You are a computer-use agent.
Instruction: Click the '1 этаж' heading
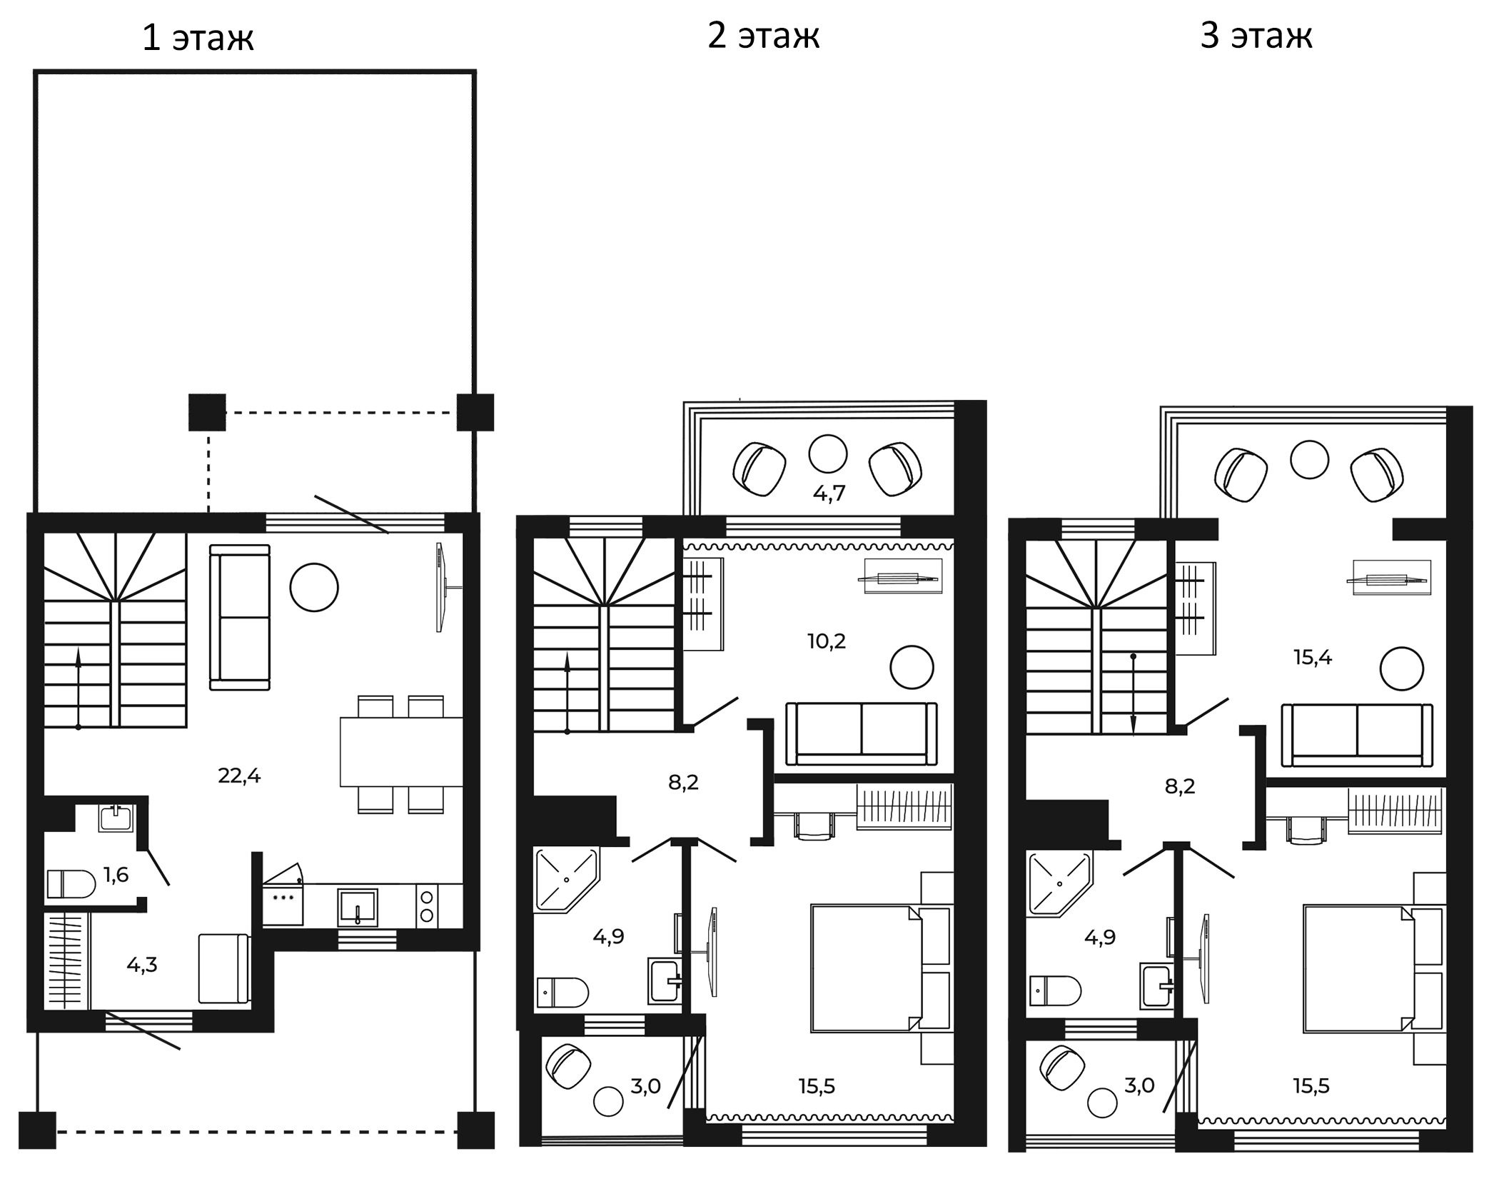click(x=198, y=39)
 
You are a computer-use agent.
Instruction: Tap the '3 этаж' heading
click(x=1256, y=36)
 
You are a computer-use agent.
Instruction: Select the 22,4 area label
click(x=239, y=776)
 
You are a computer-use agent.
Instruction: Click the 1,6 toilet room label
click(x=116, y=875)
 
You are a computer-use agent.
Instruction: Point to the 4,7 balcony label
click(x=829, y=493)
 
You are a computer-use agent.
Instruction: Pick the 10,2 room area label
click(x=827, y=641)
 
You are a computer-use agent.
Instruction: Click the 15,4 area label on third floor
click(x=1313, y=658)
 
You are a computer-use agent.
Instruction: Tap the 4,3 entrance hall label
click(x=142, y=965)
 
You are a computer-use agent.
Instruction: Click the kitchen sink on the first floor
click(x=357, y=908)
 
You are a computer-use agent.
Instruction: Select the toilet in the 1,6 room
click(x=71, y=884)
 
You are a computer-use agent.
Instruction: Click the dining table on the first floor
click(x=401, y=752)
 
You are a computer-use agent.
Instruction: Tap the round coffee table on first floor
click(x=314, y=587)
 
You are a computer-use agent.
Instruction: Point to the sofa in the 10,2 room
click(x=862, y=734)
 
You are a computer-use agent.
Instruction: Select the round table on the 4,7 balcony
click(x=828, y=453)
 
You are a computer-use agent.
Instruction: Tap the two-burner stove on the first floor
click(x=427, y=906)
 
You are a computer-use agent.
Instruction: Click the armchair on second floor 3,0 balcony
click(x=568, y=1067)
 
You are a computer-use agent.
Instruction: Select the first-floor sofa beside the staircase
click(x=240, y=618)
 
